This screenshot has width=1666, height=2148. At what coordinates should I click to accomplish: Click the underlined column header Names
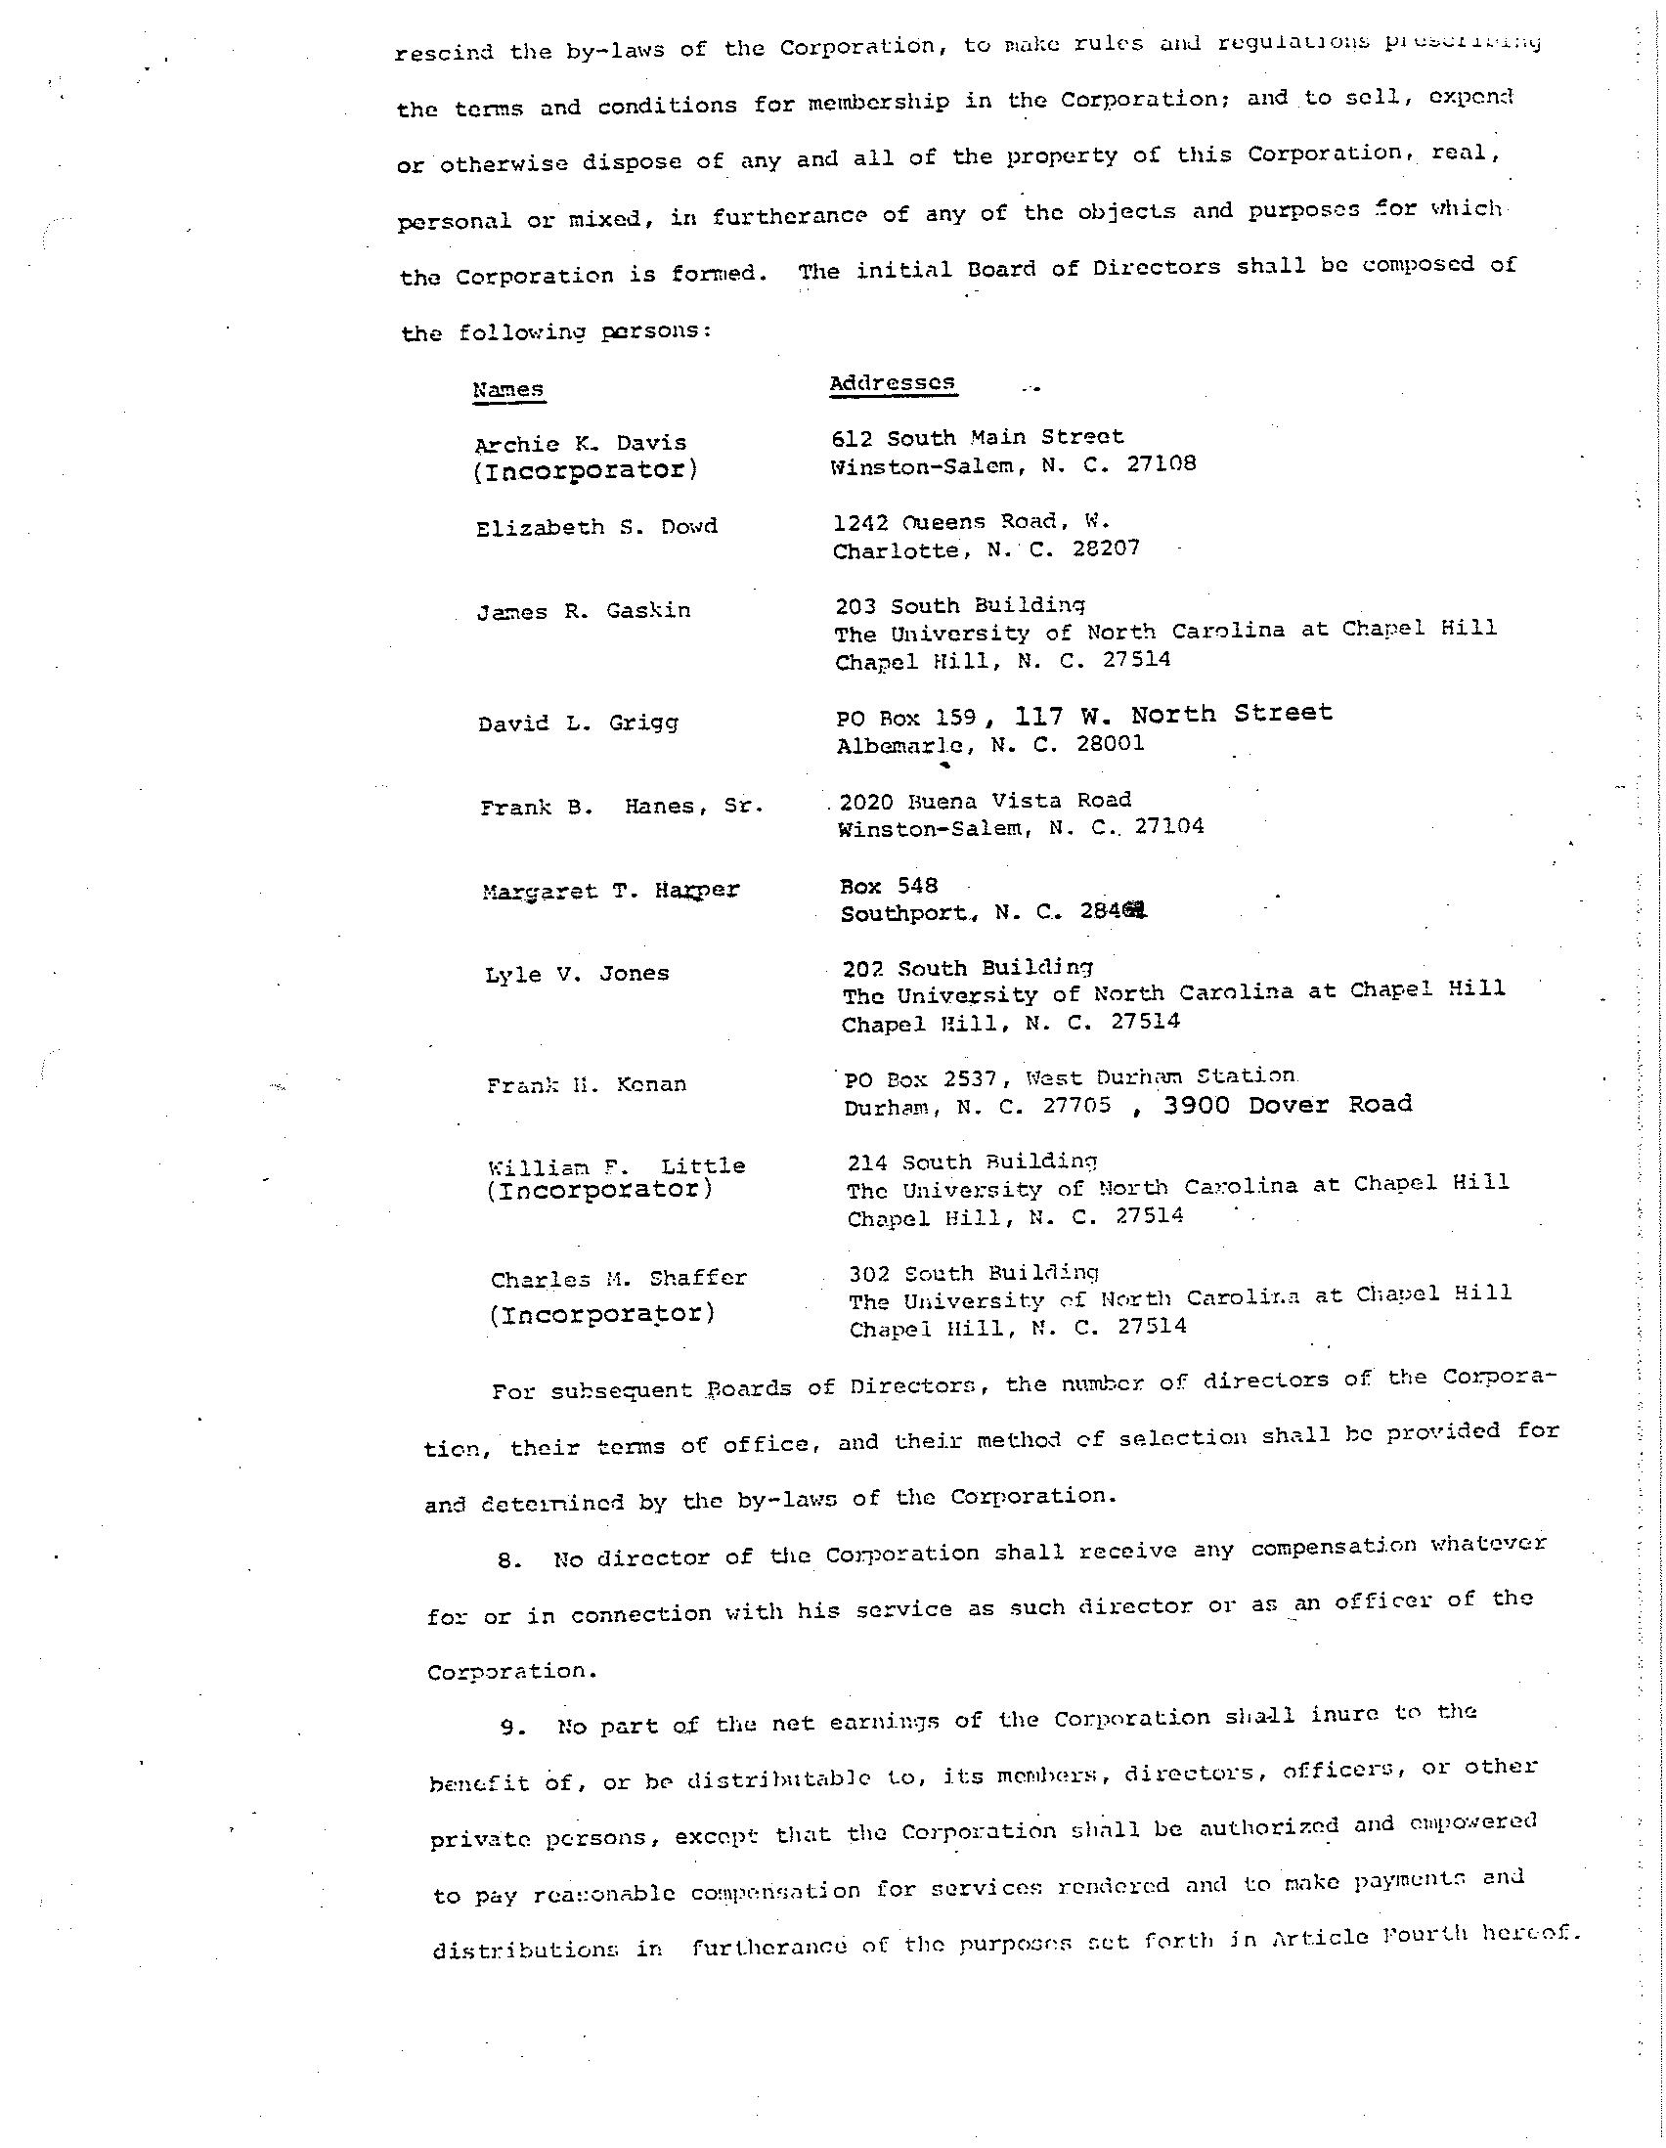pos(507,389)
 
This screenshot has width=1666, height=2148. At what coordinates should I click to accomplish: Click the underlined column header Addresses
pos(892,382)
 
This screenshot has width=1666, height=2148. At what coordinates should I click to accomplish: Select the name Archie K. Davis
pos(580,443)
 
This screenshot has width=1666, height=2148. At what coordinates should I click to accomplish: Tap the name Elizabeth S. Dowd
pos(597,527)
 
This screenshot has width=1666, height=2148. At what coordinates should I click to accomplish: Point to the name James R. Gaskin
pos(585,611)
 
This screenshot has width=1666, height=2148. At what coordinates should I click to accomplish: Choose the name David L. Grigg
pos(578,723)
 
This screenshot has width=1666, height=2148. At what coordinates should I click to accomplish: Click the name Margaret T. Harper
pos(611,891)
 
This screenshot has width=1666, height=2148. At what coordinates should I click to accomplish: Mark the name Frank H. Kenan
pos(587,1085)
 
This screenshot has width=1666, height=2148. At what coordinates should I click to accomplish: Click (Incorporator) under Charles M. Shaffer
pos(602,1313)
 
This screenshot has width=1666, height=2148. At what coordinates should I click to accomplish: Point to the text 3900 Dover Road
pos(1288,1105)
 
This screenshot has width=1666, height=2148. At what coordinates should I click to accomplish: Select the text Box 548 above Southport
pos(889,885)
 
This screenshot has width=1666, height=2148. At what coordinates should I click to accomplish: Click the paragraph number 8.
pos(507,1559)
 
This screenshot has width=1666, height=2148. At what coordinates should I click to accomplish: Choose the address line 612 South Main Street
pos(977,437)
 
